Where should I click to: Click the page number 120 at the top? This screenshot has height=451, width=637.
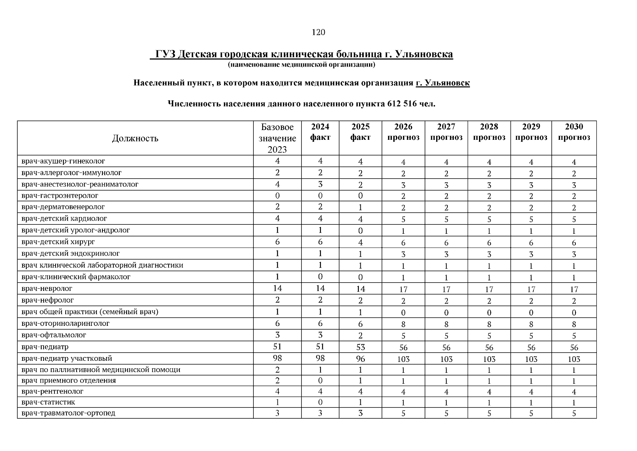click(x=318, y=32)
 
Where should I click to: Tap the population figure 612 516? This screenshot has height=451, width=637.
click(x=402, y=104)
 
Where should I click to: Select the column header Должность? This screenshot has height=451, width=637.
click(x=135, y=138)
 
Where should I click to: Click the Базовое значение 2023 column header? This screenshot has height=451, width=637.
click(x=277, y=138)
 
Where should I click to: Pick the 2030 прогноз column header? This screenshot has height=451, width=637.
click(x=574, y=132)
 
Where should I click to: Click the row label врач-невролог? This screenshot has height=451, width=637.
click(x=47, y=289)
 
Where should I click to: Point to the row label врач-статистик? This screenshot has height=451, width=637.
click(x=48, y=402)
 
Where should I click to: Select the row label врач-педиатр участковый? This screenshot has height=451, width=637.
click(x=67, y=359)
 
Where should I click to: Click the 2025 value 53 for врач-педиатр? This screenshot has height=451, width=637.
click(x=360, y=347)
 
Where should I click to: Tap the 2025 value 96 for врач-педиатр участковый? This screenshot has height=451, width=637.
click(x=360, y=359)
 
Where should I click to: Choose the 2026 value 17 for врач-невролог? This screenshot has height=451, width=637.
click(x=403, y=289)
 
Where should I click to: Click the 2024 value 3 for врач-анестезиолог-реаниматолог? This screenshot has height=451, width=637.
click(x=320, y=185)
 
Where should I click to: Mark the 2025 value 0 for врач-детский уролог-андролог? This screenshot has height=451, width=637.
click(x=360, y=231)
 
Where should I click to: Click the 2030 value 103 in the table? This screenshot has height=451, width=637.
click(x=574, y=359)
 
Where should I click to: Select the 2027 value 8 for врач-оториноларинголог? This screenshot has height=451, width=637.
click(x=446, y=324)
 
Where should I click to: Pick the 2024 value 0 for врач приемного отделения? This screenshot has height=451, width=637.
click(x=320, y=381)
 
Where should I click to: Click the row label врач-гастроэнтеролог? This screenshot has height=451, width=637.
click(x=60, y=196)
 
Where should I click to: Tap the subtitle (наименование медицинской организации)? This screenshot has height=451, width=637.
click(x=301, y=65)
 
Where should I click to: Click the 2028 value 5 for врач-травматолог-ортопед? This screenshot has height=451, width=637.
click(x=489, y=413)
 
